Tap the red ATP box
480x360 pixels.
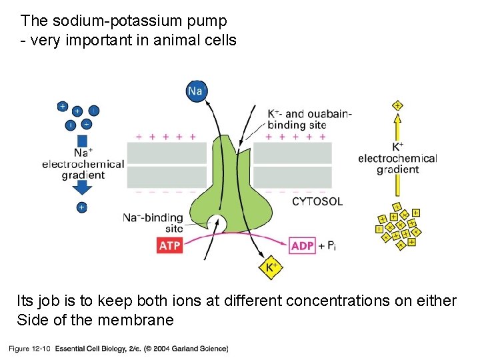click(169, 245)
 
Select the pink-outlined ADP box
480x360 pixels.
click(303, 245)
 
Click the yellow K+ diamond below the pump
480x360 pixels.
click(271, 268)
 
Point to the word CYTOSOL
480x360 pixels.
click(317, 201)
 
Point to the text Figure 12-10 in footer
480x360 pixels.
click(29, 348)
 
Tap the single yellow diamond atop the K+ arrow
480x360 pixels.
click(397, 105)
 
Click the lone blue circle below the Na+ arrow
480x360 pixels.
click(81, 207)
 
